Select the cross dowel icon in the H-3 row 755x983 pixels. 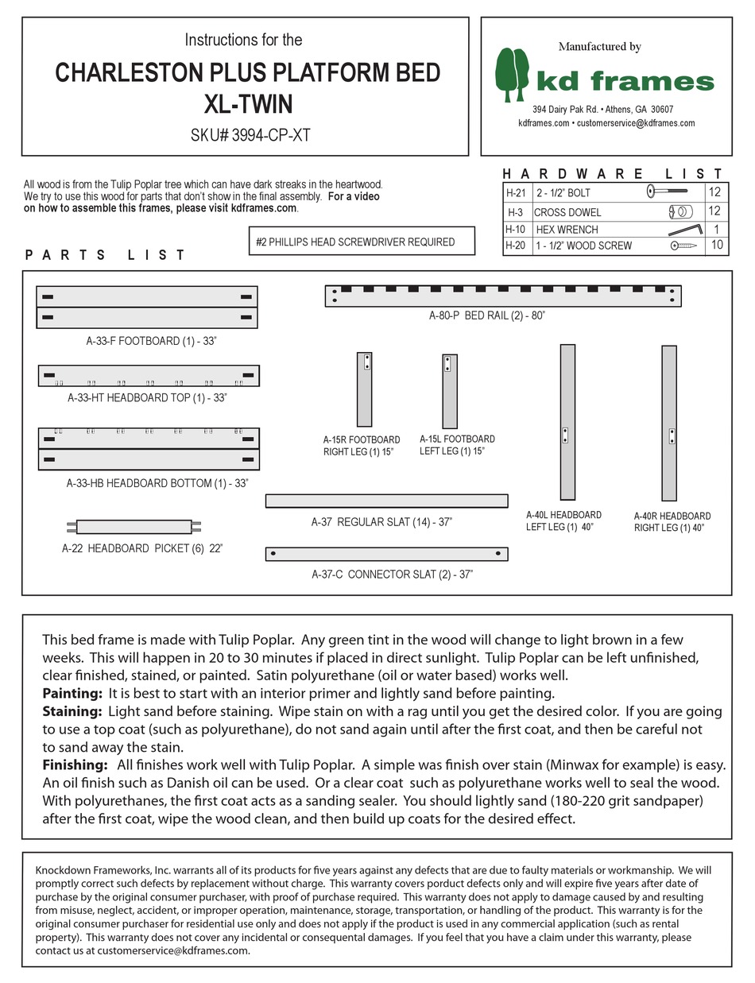click(x=680, y=211)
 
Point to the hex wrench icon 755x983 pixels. click(x=684, y=229)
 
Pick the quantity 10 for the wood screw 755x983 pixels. click(x=717, y=246)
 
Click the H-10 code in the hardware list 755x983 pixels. click(x=515, y=229)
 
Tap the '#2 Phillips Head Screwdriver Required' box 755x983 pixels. click(x=362, y=242)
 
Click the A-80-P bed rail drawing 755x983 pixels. click(x=503, y=296)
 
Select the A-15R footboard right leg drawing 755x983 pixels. click(x=364, y=389)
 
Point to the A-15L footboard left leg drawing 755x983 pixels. click(x=449, y=390)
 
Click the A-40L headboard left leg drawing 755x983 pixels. click(x=567, y=421)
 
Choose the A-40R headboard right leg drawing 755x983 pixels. click(x=669, y=422)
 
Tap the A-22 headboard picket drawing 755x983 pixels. click(x=134, y=526)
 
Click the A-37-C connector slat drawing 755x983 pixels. click(x=386, y=553)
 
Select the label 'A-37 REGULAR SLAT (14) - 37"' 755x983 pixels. click(x=381, y=522)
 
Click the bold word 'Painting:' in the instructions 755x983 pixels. click(x=72, y=693)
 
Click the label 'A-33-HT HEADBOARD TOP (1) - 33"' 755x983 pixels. click(x=147, y=397)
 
